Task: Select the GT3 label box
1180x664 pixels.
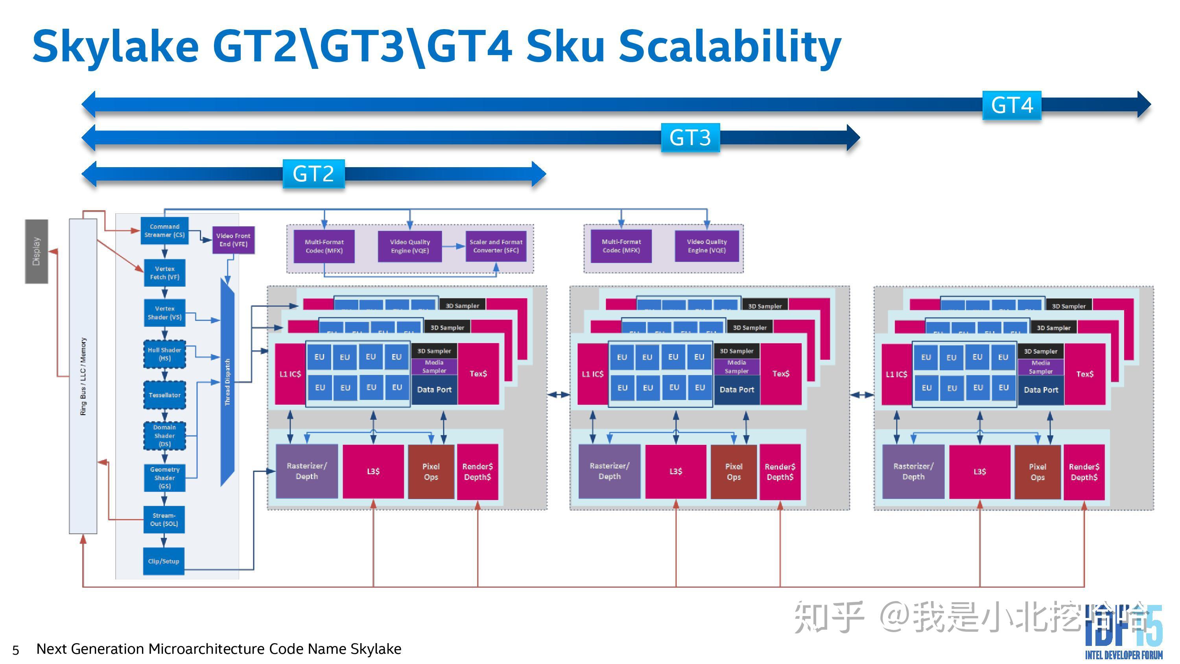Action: (x=690, y=137)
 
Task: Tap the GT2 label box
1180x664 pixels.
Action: (x=313, y=174)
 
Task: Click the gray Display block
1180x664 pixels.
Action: (x=36, y=251)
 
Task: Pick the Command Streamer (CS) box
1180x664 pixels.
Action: (x=164, y=231)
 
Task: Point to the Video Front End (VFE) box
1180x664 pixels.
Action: (x=233, y=240)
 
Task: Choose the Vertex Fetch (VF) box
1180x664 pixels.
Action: (x=164, y=273)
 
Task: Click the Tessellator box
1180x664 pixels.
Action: (x=164, y=395)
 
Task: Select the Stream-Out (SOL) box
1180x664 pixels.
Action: (x=164, y=519)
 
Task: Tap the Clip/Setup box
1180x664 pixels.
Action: (x=164, y=561)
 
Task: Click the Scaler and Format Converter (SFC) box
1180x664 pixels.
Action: (x=496, y=246)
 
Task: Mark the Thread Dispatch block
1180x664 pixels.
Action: (x=227, y=382)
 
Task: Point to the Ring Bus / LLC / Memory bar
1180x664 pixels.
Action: (x=83, y=376)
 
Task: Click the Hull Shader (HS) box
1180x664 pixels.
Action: (x=164, y=354)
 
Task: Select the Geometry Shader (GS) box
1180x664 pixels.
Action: (x=164, y=478)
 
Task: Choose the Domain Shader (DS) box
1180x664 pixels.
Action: (x=164, y=435)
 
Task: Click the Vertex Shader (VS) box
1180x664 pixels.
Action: (x=164, y=312)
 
